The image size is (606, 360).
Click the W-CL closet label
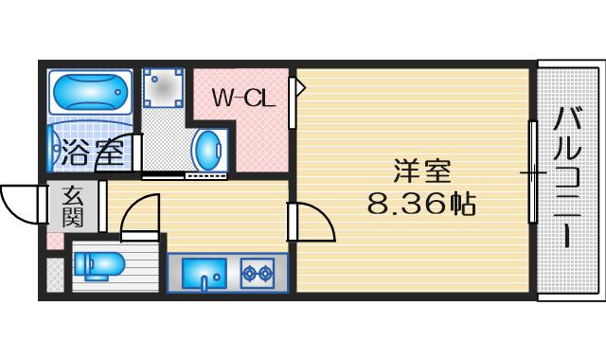[x=243, y=99]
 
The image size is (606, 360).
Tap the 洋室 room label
[x=422, y=171]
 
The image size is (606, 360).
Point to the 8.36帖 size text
[x=421, y=204]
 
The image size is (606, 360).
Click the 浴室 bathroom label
[x=93, y=152]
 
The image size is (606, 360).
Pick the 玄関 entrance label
[x=73, y=207]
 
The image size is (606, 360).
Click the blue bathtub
[x=91, y=92]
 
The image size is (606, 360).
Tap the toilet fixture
[x=99, y=266]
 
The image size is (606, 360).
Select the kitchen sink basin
[x=205, y=274]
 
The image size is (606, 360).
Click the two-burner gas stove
[x=257, y=274]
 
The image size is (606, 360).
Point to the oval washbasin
[x=208, y=150]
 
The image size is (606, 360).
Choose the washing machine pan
[x=162, y=88]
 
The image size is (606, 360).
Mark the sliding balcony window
[x=532, y=172]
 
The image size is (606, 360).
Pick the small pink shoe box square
[x=55, y=242]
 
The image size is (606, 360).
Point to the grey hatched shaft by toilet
[x=55, y=275]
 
